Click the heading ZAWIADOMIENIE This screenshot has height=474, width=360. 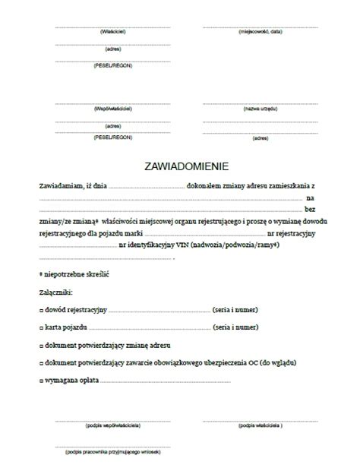pos(180,165)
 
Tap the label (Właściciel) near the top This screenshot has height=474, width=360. pos(112,33)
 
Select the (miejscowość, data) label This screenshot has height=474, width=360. pos(261,33)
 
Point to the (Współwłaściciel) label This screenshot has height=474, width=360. pos(112,109)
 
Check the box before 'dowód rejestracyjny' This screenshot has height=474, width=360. pos(41,309)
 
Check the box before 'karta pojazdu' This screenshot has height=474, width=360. pos(41,327)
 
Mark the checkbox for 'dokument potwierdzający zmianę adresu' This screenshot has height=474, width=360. pos(41,345)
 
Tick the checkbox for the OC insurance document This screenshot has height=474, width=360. pos(41,362)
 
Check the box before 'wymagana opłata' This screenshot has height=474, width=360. pos(41,380)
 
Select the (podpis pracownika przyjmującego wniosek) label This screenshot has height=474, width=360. pos(112,453)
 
